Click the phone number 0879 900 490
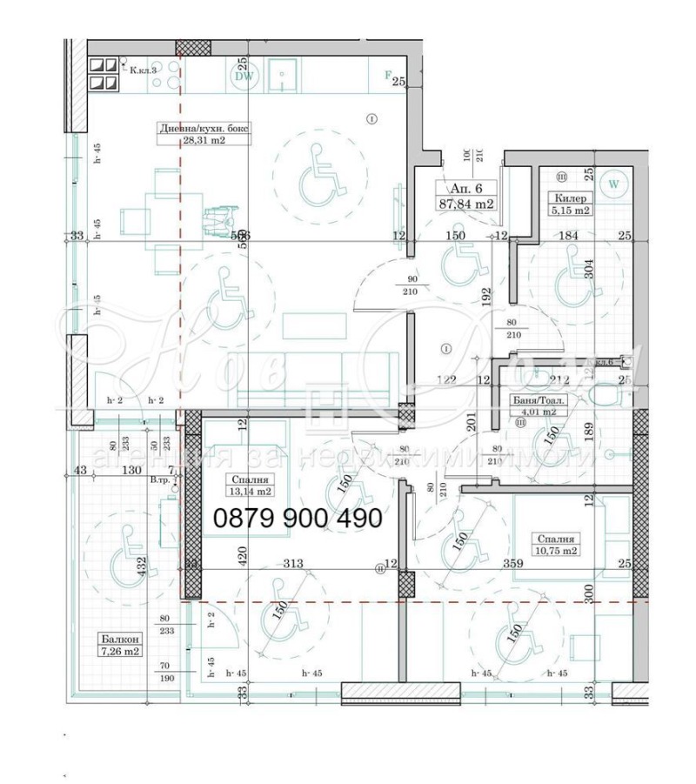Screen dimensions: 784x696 [298, 519]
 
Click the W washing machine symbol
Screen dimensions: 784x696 [615, 184]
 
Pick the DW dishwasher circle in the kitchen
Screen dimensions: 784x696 [244, 76]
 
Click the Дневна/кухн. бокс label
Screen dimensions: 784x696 [204, 128]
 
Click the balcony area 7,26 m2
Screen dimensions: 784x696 [120, 651]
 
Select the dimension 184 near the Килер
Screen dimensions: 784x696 [567, 235]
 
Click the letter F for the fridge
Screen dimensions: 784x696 [388, 75]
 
